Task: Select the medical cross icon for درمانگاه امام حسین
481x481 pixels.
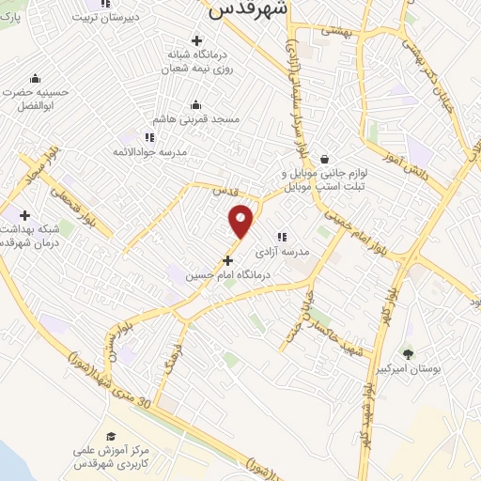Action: coord(227,259)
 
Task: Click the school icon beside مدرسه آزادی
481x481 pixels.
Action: coord(281,238)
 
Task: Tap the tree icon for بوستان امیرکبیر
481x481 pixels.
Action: coord(408,354)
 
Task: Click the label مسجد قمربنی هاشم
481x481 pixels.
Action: coord(199,120)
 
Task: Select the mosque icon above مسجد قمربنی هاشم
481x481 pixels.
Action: coord(196,104)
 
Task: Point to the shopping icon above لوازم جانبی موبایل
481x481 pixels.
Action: coord(324,159)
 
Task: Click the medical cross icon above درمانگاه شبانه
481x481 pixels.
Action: coord(196,39)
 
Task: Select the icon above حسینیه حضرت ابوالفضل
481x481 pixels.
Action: coord(35,77)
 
